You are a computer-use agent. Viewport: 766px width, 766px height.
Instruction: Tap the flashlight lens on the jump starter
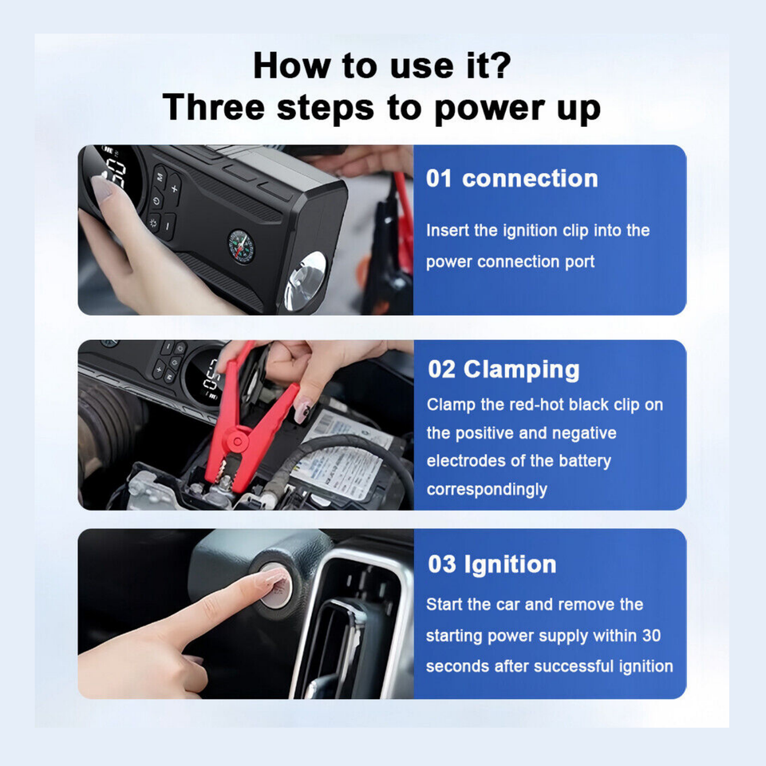click(x=306, y=278)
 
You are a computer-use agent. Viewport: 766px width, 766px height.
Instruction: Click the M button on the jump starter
click(x=160, y=177)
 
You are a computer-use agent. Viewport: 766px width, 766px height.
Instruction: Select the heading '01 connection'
click(x=511, y=178)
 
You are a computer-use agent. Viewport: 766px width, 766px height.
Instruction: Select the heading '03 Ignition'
click(x=492, y=564)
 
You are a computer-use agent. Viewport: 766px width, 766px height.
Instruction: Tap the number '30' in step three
click(x=650, y=635)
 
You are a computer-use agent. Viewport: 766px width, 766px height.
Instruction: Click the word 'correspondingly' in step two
click(x=487, y=488)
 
